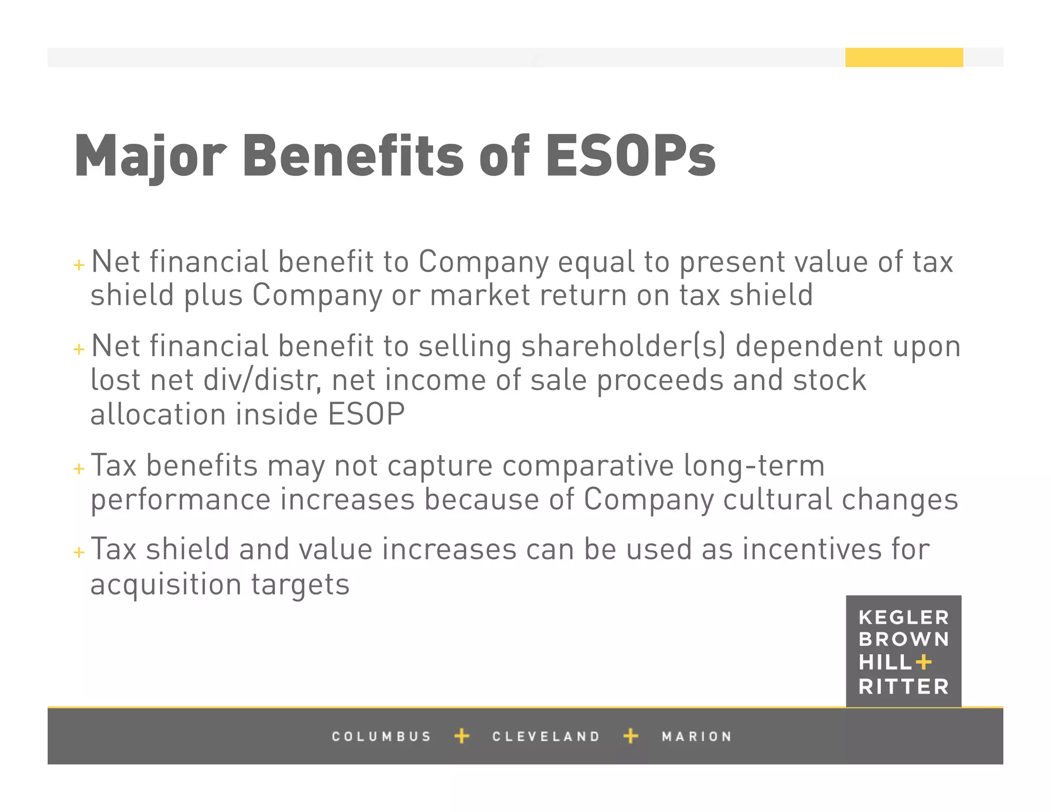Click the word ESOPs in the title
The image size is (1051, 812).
coord(630,156)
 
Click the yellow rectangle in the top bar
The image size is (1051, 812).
coord(904,57)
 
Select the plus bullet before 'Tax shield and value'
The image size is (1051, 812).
coord(79,552)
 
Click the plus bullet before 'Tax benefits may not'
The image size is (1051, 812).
coord(79,469)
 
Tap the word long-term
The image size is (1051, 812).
coord(754,466)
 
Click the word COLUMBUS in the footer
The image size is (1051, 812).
coord(381,737)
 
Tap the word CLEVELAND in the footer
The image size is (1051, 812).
coord(546,737)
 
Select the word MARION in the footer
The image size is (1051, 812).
coord(696,737)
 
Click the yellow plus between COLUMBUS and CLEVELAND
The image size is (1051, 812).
coord(462,736)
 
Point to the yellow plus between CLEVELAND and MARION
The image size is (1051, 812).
coord(631,736)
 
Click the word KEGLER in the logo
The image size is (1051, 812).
coord(903,617)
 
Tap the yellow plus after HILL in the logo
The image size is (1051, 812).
coord(923,662)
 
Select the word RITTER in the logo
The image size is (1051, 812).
coord(903,687)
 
